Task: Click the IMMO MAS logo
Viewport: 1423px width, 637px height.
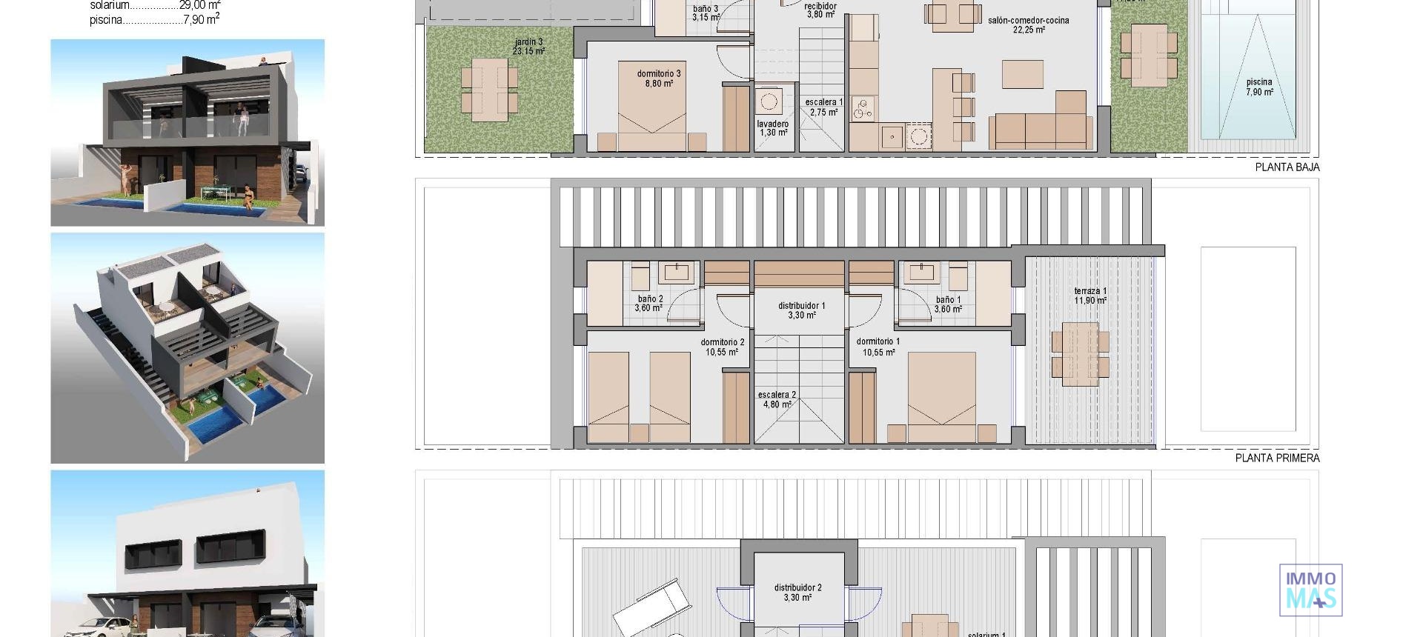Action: tap(1310, 590)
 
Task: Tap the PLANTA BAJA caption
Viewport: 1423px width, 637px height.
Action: tap(1287, 167)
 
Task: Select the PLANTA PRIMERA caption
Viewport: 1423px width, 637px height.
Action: tap(1277, 458)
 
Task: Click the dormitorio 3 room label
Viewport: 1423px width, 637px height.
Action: tap(658, 79)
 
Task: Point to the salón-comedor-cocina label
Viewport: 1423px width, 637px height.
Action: tap(1028, 25)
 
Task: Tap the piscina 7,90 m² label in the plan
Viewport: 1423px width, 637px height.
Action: tap(1259, 87)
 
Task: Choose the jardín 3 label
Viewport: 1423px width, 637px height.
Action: tap(528, 47)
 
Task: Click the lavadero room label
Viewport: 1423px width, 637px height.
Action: tap(773, 128)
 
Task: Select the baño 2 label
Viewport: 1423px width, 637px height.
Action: tap(649, 304)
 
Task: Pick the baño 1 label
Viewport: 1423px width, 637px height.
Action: tap(948, 304)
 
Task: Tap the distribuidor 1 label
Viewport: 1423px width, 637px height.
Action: tap(801, 310)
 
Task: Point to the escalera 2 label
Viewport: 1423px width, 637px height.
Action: tap(777, 400)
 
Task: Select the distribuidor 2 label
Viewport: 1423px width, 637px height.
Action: tap(797, 593)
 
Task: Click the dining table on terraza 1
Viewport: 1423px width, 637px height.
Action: tap(1080, 354)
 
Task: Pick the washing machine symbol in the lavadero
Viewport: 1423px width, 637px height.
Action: tap(769, 101)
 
